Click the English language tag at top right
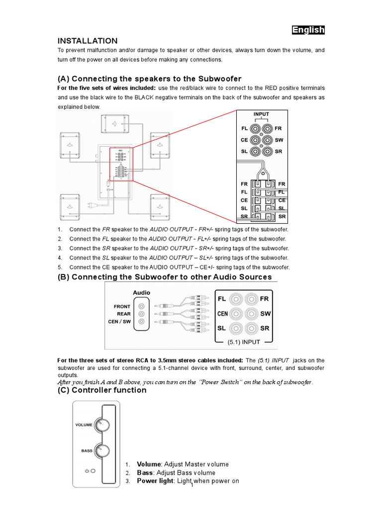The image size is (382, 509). coord(308,30)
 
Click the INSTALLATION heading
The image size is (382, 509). coord(88,41)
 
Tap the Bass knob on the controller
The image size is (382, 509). coord(102,451)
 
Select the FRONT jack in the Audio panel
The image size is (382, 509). coord(142,307)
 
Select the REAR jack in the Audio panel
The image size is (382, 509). coord(142,314)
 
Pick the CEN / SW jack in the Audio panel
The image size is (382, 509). coord(142,322)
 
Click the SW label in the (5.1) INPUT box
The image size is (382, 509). coord(265,314)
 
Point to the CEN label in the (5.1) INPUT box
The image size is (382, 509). coord(223,314)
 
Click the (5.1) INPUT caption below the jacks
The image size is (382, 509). coord(244,342)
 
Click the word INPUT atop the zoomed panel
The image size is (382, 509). coord(261,114)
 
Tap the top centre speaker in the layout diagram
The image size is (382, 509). coord(115,124)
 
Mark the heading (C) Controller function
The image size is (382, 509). coord(102,390)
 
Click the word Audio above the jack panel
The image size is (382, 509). coord(141,293)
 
